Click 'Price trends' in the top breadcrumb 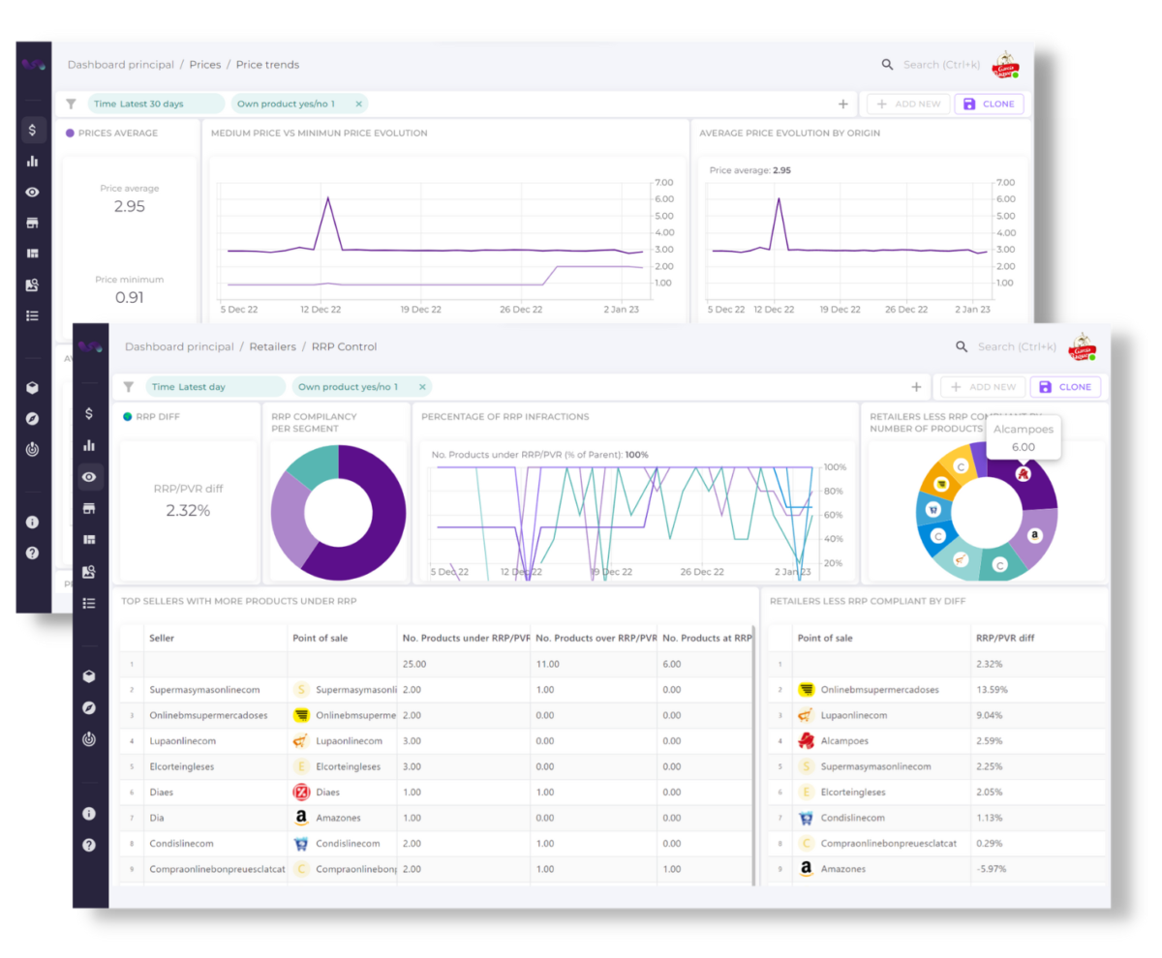click(267, 65)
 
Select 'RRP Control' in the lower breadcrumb click(344, 346)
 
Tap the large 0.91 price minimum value click(130, 298)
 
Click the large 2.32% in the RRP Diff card click(188, 510)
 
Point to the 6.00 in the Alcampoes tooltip click(1023, 447)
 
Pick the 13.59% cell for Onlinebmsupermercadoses click(991, 690)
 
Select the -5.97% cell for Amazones click(992, 869)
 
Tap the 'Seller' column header click(162, 638)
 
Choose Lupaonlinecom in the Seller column click(183, 741)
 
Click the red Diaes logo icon click(301, 793)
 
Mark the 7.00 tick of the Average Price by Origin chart click(1005, 182)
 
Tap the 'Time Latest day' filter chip click(189, 387)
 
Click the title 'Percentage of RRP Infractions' click(505, 417)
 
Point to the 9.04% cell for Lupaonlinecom click(991, 715)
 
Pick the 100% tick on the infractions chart click(834, 467)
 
